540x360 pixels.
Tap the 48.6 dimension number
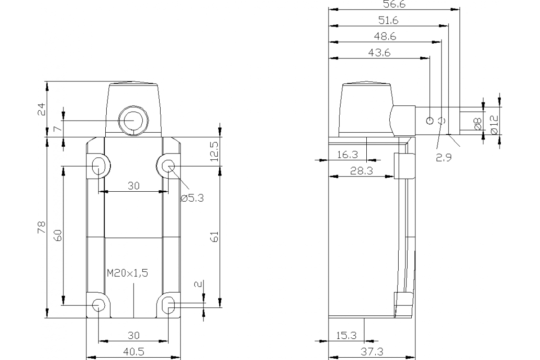(x=385, y=36)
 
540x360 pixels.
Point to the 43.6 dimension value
(x=379, y=53)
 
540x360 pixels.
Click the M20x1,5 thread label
(x=127, y=273)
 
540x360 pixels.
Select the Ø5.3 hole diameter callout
(x=192, y=198)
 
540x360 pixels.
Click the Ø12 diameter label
(x=494, y=124)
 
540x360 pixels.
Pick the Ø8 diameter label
(x=478, y=124)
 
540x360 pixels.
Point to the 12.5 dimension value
(x=214, y=151)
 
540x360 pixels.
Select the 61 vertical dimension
(x=214, y=237)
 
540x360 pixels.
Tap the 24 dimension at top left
(x=41, y=108)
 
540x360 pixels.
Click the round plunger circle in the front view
(x=133, y=120)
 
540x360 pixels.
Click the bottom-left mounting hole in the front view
(x=97, y=306)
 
